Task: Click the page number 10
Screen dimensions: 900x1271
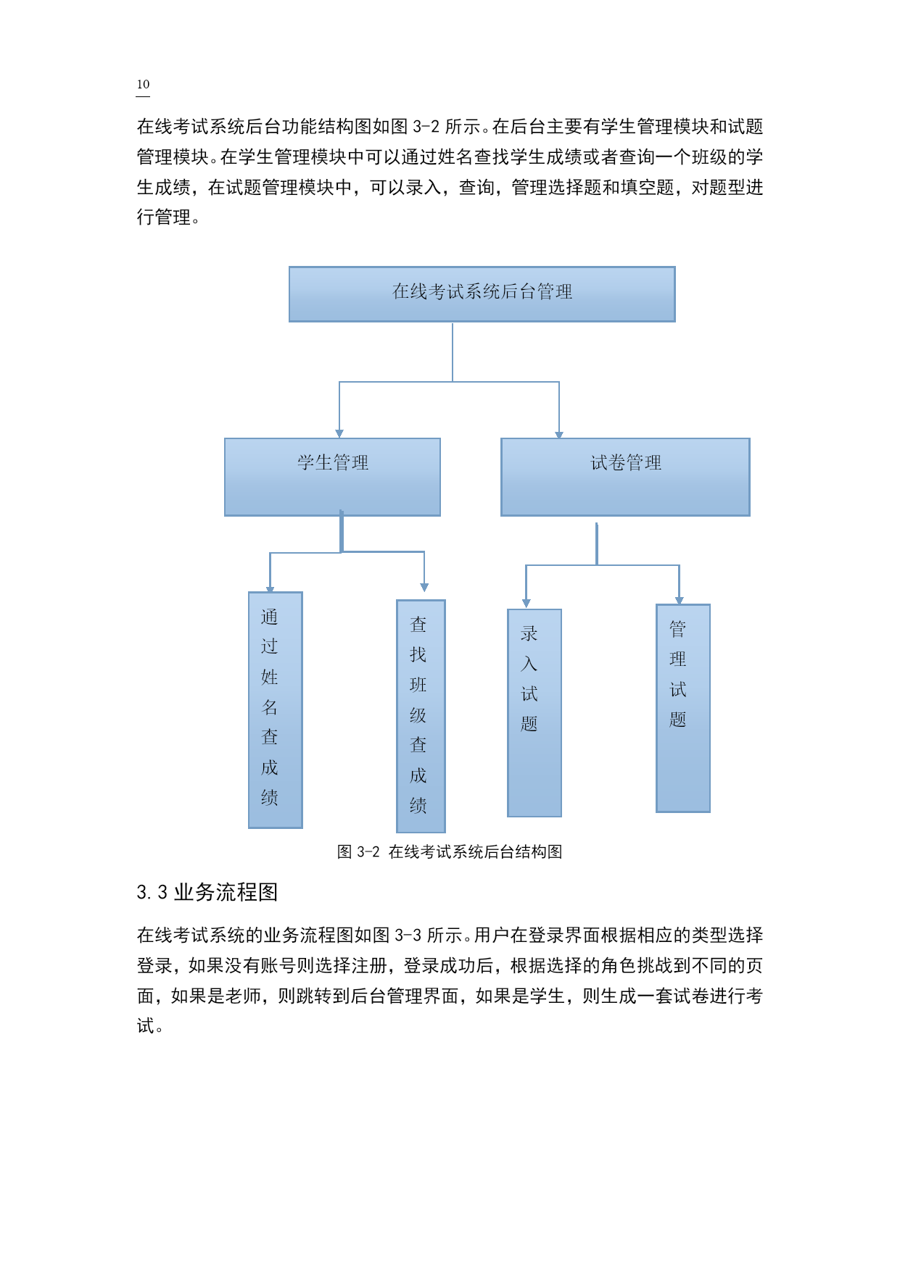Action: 143,85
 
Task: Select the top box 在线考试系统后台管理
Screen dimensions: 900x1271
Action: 482,294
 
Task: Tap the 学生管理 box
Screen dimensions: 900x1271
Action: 332,477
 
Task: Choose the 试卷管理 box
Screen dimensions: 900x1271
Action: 625,477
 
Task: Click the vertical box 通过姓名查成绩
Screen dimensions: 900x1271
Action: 275,710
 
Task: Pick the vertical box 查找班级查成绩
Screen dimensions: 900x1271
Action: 421,716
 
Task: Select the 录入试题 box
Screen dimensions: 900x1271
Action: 534,713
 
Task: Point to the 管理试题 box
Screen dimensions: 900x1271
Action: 683,709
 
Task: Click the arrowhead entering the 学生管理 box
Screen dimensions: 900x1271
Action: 339,433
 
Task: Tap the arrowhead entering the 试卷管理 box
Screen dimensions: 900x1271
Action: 559,434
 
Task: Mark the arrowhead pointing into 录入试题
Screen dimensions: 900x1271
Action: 527,604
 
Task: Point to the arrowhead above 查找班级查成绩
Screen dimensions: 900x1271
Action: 424,588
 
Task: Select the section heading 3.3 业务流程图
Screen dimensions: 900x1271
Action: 207,892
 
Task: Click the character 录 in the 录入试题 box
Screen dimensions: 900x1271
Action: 529,633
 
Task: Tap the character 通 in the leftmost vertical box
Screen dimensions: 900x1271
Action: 270,617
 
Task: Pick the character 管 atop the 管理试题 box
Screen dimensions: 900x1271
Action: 678,629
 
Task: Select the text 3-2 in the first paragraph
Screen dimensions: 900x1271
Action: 426,127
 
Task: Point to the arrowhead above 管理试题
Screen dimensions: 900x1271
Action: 680,600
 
